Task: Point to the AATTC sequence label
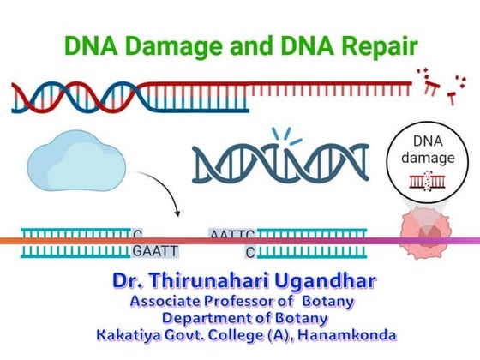click(231, 233)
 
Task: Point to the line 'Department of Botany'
click(241, 318)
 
